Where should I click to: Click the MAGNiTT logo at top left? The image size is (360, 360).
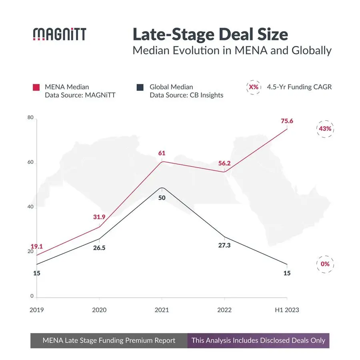[x=59, y=34]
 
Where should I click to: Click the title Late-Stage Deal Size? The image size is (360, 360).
[x=210, y=34]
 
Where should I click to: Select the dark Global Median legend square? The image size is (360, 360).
[x=140, y=87]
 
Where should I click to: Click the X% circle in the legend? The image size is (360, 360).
[x=253, y=87]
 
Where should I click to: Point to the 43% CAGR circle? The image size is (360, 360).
[x=325, y=129]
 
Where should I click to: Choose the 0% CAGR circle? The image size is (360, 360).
[x=325, y=264]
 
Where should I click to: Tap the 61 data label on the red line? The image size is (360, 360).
[x=162, y=153]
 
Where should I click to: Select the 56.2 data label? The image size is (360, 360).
[x=224, y=163]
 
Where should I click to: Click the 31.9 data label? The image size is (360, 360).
[x=99, y=217]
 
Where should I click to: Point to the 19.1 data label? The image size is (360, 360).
[x=36, y=246]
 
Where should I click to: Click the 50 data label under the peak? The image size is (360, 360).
[x=162, y=197]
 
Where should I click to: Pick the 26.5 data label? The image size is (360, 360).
[x=99, y=248]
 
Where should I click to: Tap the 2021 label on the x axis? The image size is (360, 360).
[x=162, y=310]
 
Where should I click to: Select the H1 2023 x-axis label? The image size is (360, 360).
[x=287, y=310]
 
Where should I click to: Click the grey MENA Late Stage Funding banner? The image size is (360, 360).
[x=109, y=341]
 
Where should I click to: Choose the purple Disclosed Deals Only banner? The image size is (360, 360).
[x=258, y=341]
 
